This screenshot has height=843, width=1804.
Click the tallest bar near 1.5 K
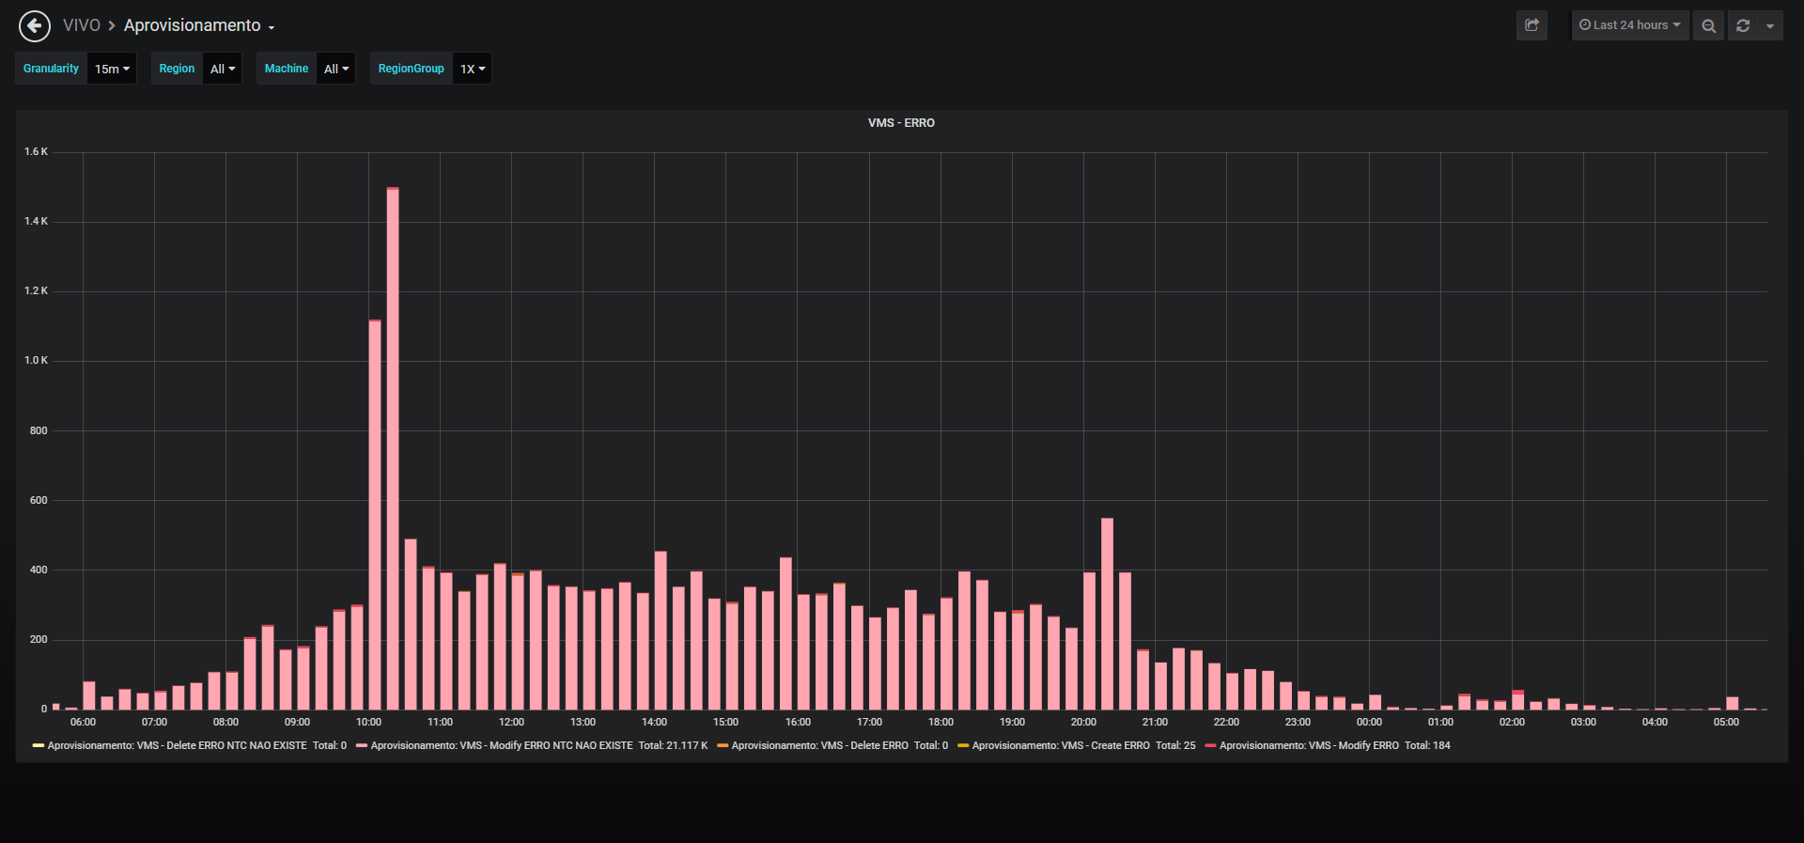pos(393,448)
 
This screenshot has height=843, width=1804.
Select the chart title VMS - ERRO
pos(901,123)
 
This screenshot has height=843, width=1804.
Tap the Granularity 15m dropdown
pos(112,69)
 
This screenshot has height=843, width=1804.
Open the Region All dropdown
pos(223,69)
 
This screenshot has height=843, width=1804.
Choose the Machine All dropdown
pos(336,69)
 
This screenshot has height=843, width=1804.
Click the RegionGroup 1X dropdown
pos(473,69)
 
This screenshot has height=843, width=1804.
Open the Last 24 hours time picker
pos(1630,25)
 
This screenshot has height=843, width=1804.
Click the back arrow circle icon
pos(35,26)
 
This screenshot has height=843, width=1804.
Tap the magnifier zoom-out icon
pos(1709,25)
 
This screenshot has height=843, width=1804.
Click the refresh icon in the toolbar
pos(1743,25)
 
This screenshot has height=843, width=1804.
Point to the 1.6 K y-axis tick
pos(36,151)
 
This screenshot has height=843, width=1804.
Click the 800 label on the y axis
pos(39,430)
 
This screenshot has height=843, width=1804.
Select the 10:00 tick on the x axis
pos(368,722)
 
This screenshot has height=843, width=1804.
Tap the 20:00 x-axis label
pos(1083,722)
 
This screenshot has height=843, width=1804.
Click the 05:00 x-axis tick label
pos(1726,722)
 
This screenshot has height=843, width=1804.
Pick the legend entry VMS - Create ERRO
pos(1077,745)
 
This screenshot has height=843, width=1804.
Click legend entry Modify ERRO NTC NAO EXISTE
pos(532,745)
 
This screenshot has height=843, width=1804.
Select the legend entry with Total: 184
pos(1328,745)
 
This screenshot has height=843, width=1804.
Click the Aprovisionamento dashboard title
pos(193,25)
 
